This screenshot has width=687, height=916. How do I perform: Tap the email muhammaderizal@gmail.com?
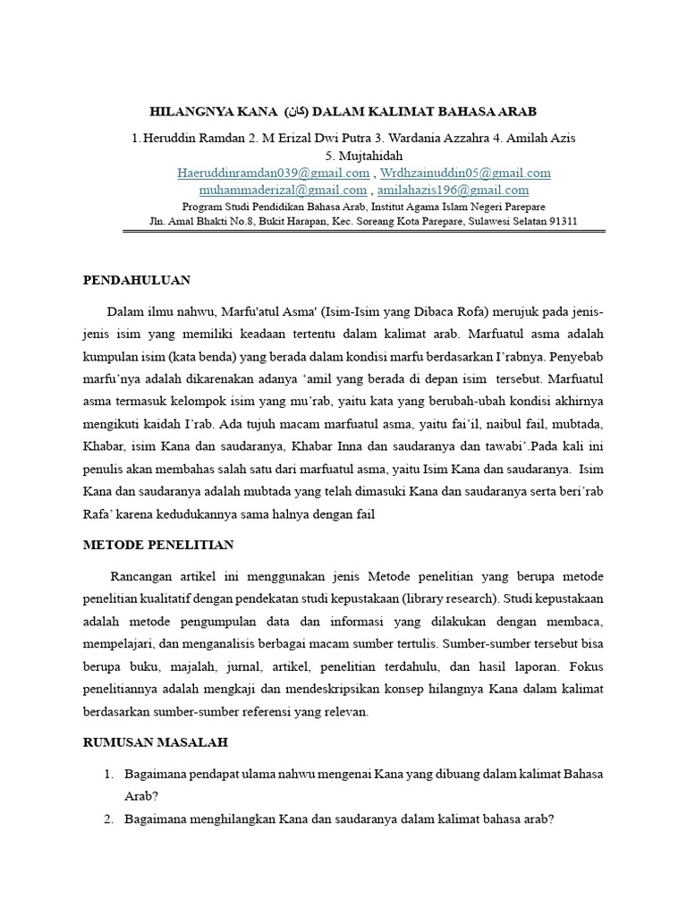[x=283, y=190]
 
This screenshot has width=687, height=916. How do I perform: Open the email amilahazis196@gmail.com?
[x=453, y=190]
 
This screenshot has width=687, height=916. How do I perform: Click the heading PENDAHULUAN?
[x=137, y=280]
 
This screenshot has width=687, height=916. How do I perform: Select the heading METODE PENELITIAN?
[x=158, y=545]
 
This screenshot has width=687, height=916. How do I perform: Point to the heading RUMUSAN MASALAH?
[x=156, y=742]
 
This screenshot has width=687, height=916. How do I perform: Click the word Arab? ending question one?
[x=140, y=795]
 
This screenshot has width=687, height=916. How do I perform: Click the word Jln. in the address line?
[x=159, y=221]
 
